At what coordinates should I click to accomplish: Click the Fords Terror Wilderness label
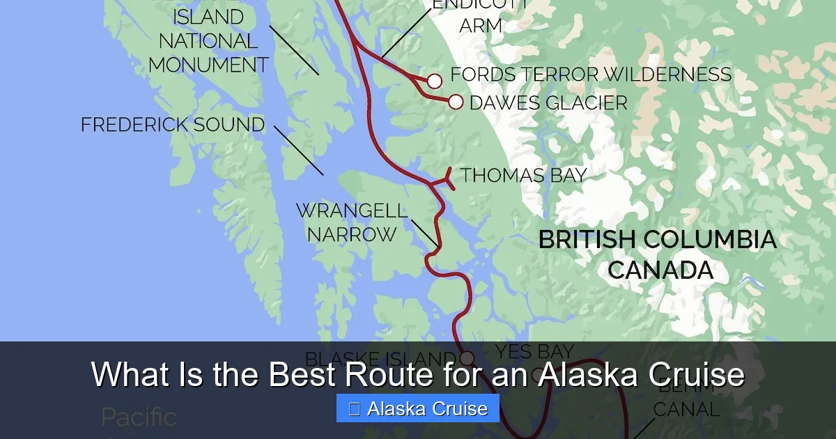click(591, 75)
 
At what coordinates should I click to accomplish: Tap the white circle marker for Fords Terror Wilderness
click(435, 82)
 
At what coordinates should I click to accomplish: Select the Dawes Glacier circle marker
click(456, 102)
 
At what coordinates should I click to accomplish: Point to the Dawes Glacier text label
click(548, 103)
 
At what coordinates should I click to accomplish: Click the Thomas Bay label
click(523, 175)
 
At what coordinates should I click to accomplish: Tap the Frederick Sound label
click(173, 125)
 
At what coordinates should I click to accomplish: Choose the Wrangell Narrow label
click(351, 222)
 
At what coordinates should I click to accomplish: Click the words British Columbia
click(657, 240)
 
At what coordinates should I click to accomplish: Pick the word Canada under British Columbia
click(660, 270)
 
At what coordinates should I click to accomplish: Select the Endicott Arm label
click(480, 15)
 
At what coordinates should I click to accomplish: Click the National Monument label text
click(208, 53)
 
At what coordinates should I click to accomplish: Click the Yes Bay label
click(534, 352)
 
